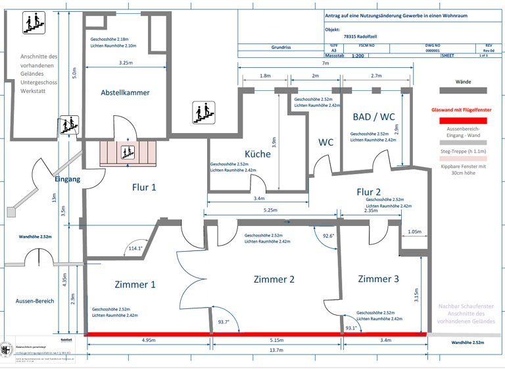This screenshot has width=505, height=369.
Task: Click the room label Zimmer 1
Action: tap(135, 285)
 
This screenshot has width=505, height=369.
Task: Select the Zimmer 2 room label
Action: tap(274, 279)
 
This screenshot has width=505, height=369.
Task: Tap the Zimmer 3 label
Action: tap(378, 279)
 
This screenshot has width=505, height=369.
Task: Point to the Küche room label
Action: tap(258, 154)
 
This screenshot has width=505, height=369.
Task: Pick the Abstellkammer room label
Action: tap(125, 93)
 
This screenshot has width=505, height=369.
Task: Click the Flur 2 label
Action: tap(370, 192)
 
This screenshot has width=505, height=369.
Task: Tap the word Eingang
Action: tap(67, 179)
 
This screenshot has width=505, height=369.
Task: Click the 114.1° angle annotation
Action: tap(135, 248)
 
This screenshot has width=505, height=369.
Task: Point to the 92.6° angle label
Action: tap(327, 235)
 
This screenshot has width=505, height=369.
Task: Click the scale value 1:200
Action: tap(358, 57)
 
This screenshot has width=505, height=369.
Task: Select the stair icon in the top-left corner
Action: tap(35, 23)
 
